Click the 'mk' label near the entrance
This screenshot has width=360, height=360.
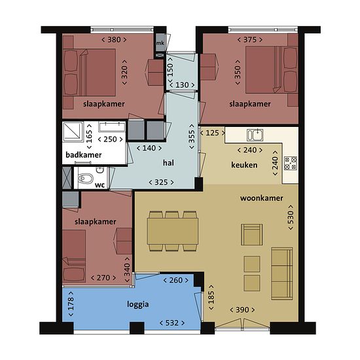click(x=160, y=43)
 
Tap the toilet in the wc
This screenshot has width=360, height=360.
click(x=86, y=179)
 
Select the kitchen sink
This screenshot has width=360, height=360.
click(x=255, y=135)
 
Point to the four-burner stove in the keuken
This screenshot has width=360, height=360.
click(x=291, y=163)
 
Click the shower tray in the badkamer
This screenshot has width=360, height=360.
click(x=73, y=132)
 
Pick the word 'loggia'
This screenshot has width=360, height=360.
click(x=137, y=304)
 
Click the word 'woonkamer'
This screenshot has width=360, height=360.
click(x=262, y=198)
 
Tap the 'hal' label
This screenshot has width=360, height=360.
click(x=168, y=163)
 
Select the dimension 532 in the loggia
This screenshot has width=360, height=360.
click(x=172, y=323)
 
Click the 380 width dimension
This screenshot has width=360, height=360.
click(x=114, y=40)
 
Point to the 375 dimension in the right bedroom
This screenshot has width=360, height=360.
click(x=250, y=40)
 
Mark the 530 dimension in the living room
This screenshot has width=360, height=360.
click(x=291, y=217)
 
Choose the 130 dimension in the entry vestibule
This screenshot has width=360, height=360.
click(x=182, y=85)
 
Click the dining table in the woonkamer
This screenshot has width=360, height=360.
click(x=173, y=231)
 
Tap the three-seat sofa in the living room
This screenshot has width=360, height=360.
click(x=282, y=274)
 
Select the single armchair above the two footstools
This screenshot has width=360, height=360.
click(x=252, y=234)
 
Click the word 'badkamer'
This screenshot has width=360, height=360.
click(x=84, y=154)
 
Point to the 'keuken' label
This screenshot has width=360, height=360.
click(x=244, y=165)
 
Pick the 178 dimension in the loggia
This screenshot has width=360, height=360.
click(x=71, y=304)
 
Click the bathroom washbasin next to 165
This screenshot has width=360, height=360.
click(x=112, y=127)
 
